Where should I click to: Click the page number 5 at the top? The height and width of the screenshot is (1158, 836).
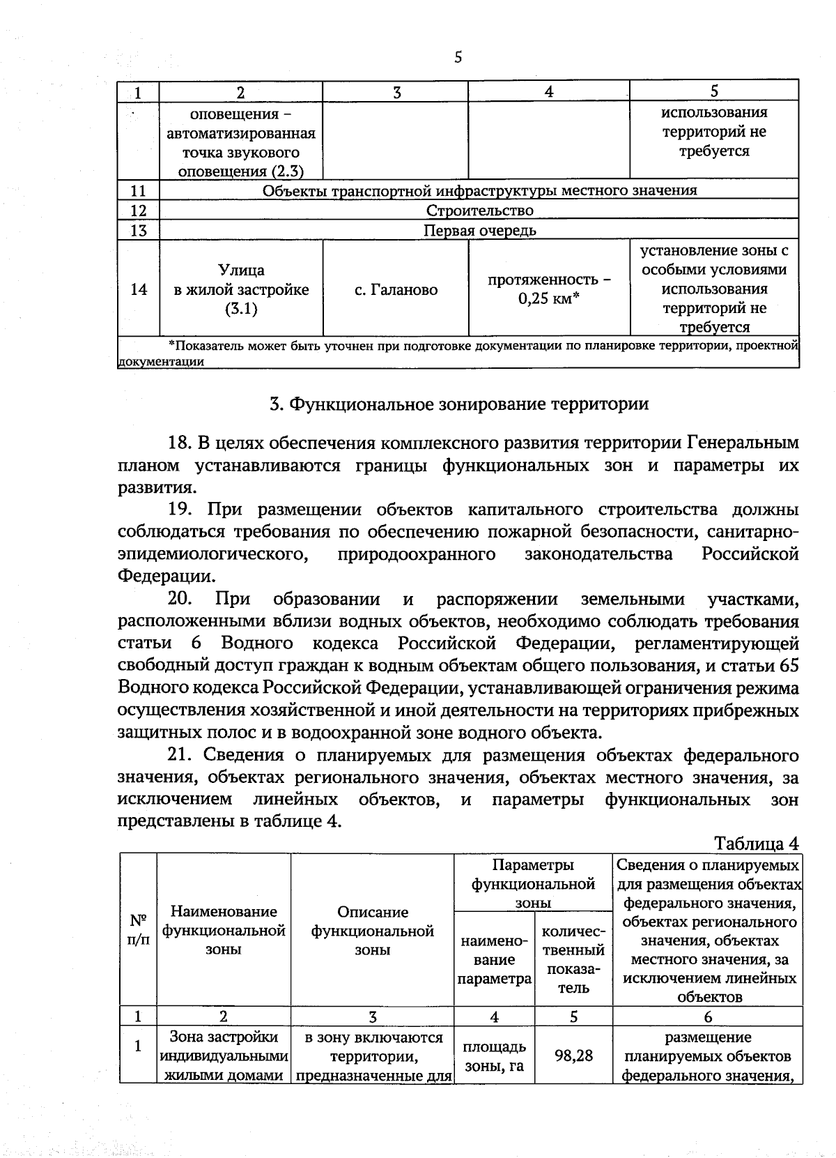(x=458, y=58)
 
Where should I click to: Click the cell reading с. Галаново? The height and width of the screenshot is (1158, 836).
(x=396, y=289)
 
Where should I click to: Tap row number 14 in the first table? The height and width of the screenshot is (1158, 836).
(x=139, y=289)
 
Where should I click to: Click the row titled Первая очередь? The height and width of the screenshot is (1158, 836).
(x=479, y=231)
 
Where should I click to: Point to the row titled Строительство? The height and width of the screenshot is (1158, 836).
(x=479, y=211)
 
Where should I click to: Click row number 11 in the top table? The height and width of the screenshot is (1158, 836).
(x=139, y=190)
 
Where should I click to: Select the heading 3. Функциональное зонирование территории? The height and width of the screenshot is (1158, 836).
(x=458, y=404)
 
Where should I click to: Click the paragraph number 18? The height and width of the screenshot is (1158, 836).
(x=179, y=443)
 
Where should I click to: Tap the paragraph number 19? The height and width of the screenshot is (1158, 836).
(x=179, y=510)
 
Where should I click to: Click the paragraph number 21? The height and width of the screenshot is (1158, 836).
(x=179, y=755)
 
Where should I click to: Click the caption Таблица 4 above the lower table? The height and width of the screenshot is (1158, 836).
(x=756, y=844)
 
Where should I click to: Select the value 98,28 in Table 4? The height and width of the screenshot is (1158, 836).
(x=573, y=1056)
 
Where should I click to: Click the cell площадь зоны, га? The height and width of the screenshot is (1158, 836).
(x=494, y=1056)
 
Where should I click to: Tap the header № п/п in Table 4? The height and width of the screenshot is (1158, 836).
(x=138, y=929)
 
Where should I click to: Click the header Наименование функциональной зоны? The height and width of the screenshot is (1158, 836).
(x=224, y=930)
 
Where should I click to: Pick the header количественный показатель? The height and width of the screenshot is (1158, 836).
(x=573, y=959)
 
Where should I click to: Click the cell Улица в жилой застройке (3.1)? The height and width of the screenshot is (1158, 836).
(x=241, y=289)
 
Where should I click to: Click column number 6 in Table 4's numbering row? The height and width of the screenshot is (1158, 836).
(x=707, y=1016)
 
